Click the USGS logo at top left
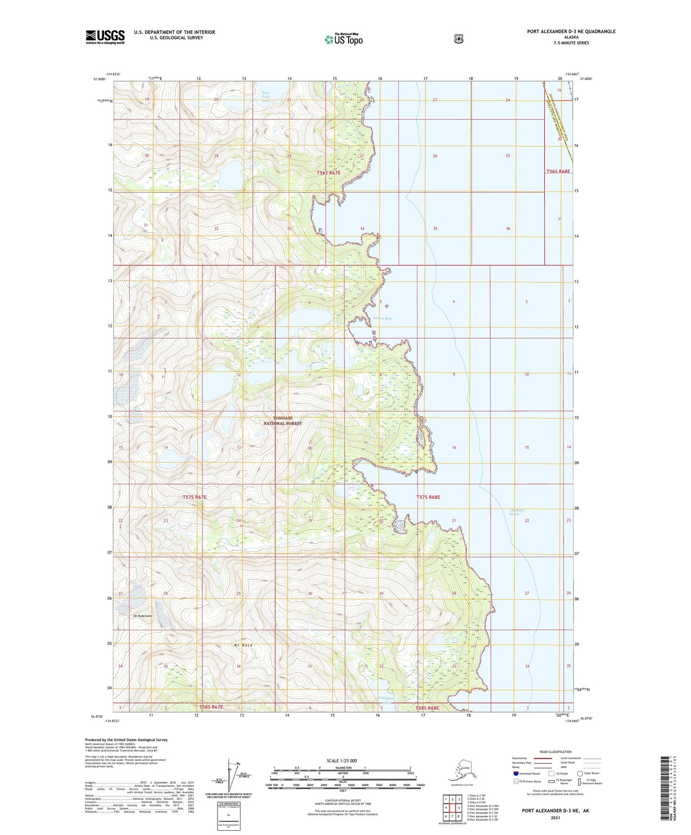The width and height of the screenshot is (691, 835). (105, 37)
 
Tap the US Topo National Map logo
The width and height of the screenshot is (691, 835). (343, 39)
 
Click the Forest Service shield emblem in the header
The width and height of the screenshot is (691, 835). (459, 39)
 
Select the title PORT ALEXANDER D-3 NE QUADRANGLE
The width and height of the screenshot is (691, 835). (571, 32)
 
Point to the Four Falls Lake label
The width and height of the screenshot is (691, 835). (266, 97)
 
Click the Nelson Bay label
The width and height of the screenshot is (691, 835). (382, 318)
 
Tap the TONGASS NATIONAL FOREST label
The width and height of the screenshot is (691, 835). (283, 421)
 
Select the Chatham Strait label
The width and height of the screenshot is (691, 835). (514, 512)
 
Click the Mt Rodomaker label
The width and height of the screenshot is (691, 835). (142, 616)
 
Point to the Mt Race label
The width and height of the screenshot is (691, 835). (243, 645)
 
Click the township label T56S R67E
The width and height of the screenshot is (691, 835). (329, 173)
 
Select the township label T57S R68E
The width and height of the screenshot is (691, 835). (428, 497)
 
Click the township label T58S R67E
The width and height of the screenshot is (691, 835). (211, 707)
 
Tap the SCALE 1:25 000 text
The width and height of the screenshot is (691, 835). (341, 760)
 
